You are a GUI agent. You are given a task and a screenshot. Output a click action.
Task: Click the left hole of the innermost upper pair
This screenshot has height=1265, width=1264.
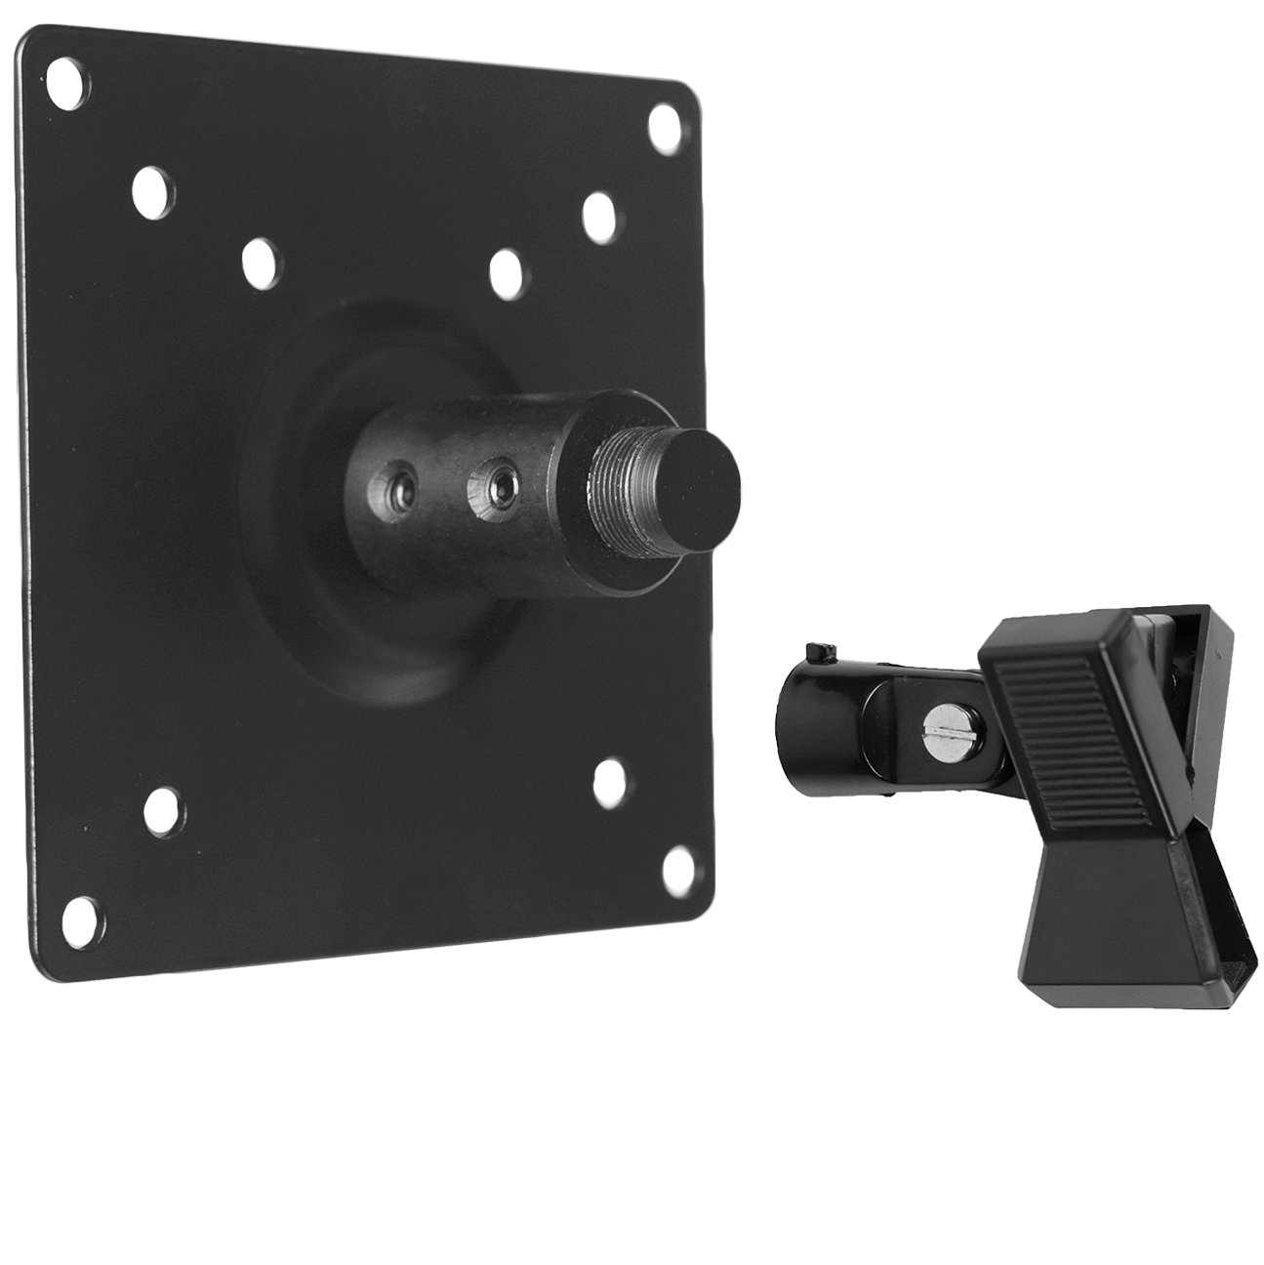click(x=259, y=259)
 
